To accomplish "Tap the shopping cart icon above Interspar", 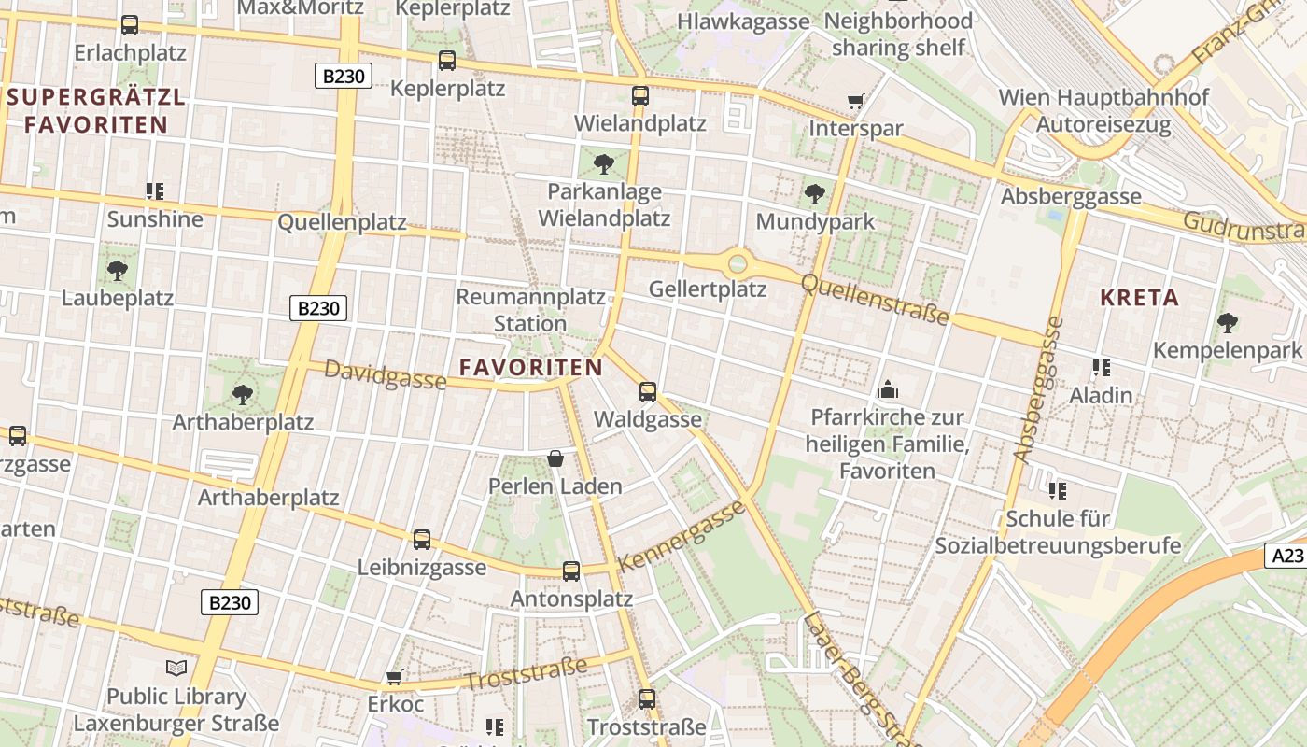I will tap(855, 101).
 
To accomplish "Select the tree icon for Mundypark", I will tap(815, 194).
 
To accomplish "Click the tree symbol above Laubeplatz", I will tap(118, 271).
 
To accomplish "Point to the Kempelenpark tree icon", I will tap(1228, 323).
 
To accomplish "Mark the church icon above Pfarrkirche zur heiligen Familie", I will tap(887, 389).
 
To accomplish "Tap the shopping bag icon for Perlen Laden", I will tap(555, 458).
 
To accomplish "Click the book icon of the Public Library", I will tap(176, 668).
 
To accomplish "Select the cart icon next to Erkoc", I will tap(395, 677).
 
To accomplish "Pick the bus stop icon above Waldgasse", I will tap(648, 392).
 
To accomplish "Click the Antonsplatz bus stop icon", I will tap(571, 571).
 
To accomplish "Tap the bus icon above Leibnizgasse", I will tap(422, 539).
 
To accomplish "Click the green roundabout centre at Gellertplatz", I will tap(738, 263).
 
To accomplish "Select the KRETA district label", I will tap(1139, 298).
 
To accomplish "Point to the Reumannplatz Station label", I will tap(530, 310).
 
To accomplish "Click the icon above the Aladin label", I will tap(1101, 368).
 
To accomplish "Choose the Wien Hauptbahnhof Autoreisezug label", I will tap(1103, 110).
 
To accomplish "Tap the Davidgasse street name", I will tap(385, 373).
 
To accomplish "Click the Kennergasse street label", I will tap(682, 536).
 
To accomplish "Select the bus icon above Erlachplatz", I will tap(130, 25).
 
